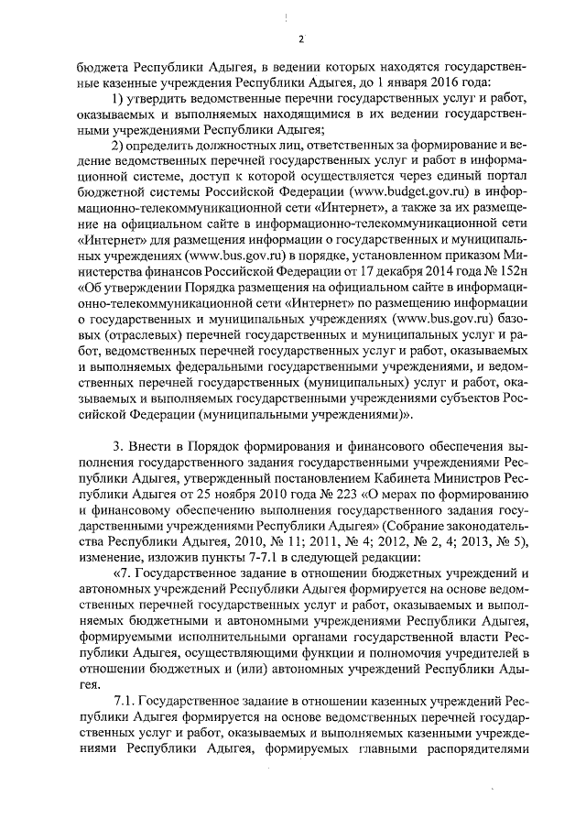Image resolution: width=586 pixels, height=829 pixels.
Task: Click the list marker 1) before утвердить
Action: (118, 98)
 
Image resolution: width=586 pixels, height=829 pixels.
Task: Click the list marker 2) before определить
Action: (118, 146)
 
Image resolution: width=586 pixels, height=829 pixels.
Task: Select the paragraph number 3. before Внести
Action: (118, 446)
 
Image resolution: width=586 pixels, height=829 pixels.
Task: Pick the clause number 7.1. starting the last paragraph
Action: (124, 702)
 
